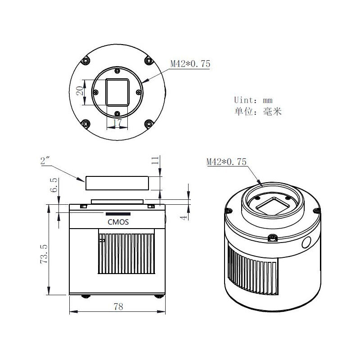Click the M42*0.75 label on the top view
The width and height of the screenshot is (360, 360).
point(190,64)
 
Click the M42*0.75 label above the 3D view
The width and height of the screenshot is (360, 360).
point(226,162)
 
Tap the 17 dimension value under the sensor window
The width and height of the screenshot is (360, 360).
point(117,122)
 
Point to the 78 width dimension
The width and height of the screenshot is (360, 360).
point(118,307)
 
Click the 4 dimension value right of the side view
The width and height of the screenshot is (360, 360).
point(183,216)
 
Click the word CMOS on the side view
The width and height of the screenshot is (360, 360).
point(118,221)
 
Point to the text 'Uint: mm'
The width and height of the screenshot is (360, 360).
point(253,100)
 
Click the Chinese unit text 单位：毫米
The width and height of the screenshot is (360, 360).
point(257,112)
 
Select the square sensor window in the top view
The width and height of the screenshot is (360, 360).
point(117,91)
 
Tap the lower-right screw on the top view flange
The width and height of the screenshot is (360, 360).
point(149,123)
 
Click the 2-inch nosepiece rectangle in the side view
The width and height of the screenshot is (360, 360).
point(117,183)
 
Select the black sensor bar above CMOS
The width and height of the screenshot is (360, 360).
point(118,214)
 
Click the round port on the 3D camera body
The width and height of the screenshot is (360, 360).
point(306,243)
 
